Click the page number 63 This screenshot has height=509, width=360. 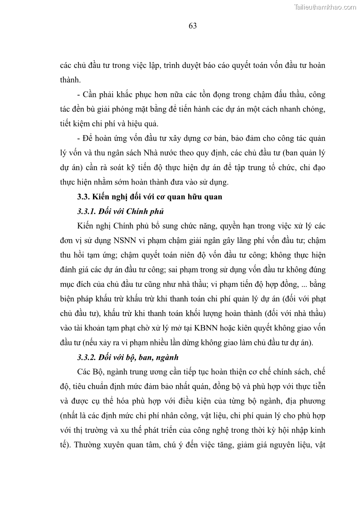pyautogui.click(x=192, y=26)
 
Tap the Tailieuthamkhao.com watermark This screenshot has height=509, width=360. pyautogui.click(x=325, y=7)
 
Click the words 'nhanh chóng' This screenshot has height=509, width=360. pyautogui.click(x=303, y=109)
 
